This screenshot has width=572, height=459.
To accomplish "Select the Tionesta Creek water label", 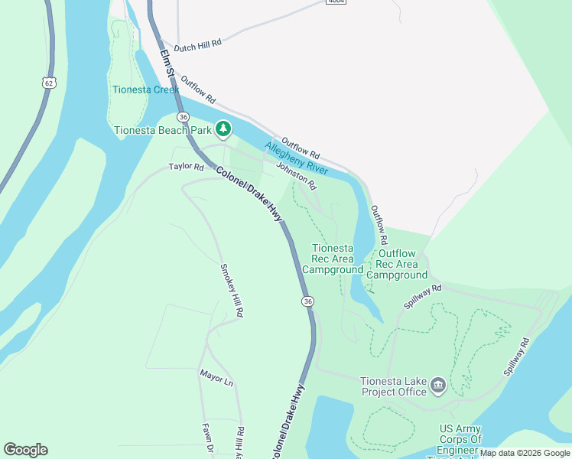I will pyautogui.click(x=145, y=90).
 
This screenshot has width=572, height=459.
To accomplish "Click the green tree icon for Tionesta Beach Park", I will pyautogui.click(x=223, y=129).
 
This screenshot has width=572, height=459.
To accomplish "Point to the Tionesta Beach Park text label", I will pyautogui.click(x=162, y=130).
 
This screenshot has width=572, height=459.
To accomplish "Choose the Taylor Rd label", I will pyautogui.click(x=187, y=167).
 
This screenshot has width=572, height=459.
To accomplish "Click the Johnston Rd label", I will pyautogui.click(x=296, y=175).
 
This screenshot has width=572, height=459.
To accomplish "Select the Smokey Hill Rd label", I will pyautogui.click(x=232, y=290).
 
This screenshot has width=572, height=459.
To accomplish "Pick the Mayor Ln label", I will pyautogui.click(x=216, y=376).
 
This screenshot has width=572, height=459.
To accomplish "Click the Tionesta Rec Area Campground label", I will pyautogui.click(x=333, y=259).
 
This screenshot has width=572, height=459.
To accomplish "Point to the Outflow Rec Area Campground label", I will pyautogui.click(x=397, y=264).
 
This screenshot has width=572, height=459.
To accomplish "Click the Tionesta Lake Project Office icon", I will pyautogui.click(x=438, y=384).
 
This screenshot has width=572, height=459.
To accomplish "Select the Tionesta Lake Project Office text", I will pyautogui.click(x=393, y=387).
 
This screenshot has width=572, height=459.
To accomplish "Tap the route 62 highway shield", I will pyautogui.click(x=49, y=82).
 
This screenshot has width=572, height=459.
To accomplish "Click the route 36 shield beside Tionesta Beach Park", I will pyautogui.click(x=183, y=117).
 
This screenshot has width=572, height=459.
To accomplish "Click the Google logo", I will pyautogui.click(x=25, y=449).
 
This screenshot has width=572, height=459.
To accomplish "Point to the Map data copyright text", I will pyautogui.click(x=525, y=453).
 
